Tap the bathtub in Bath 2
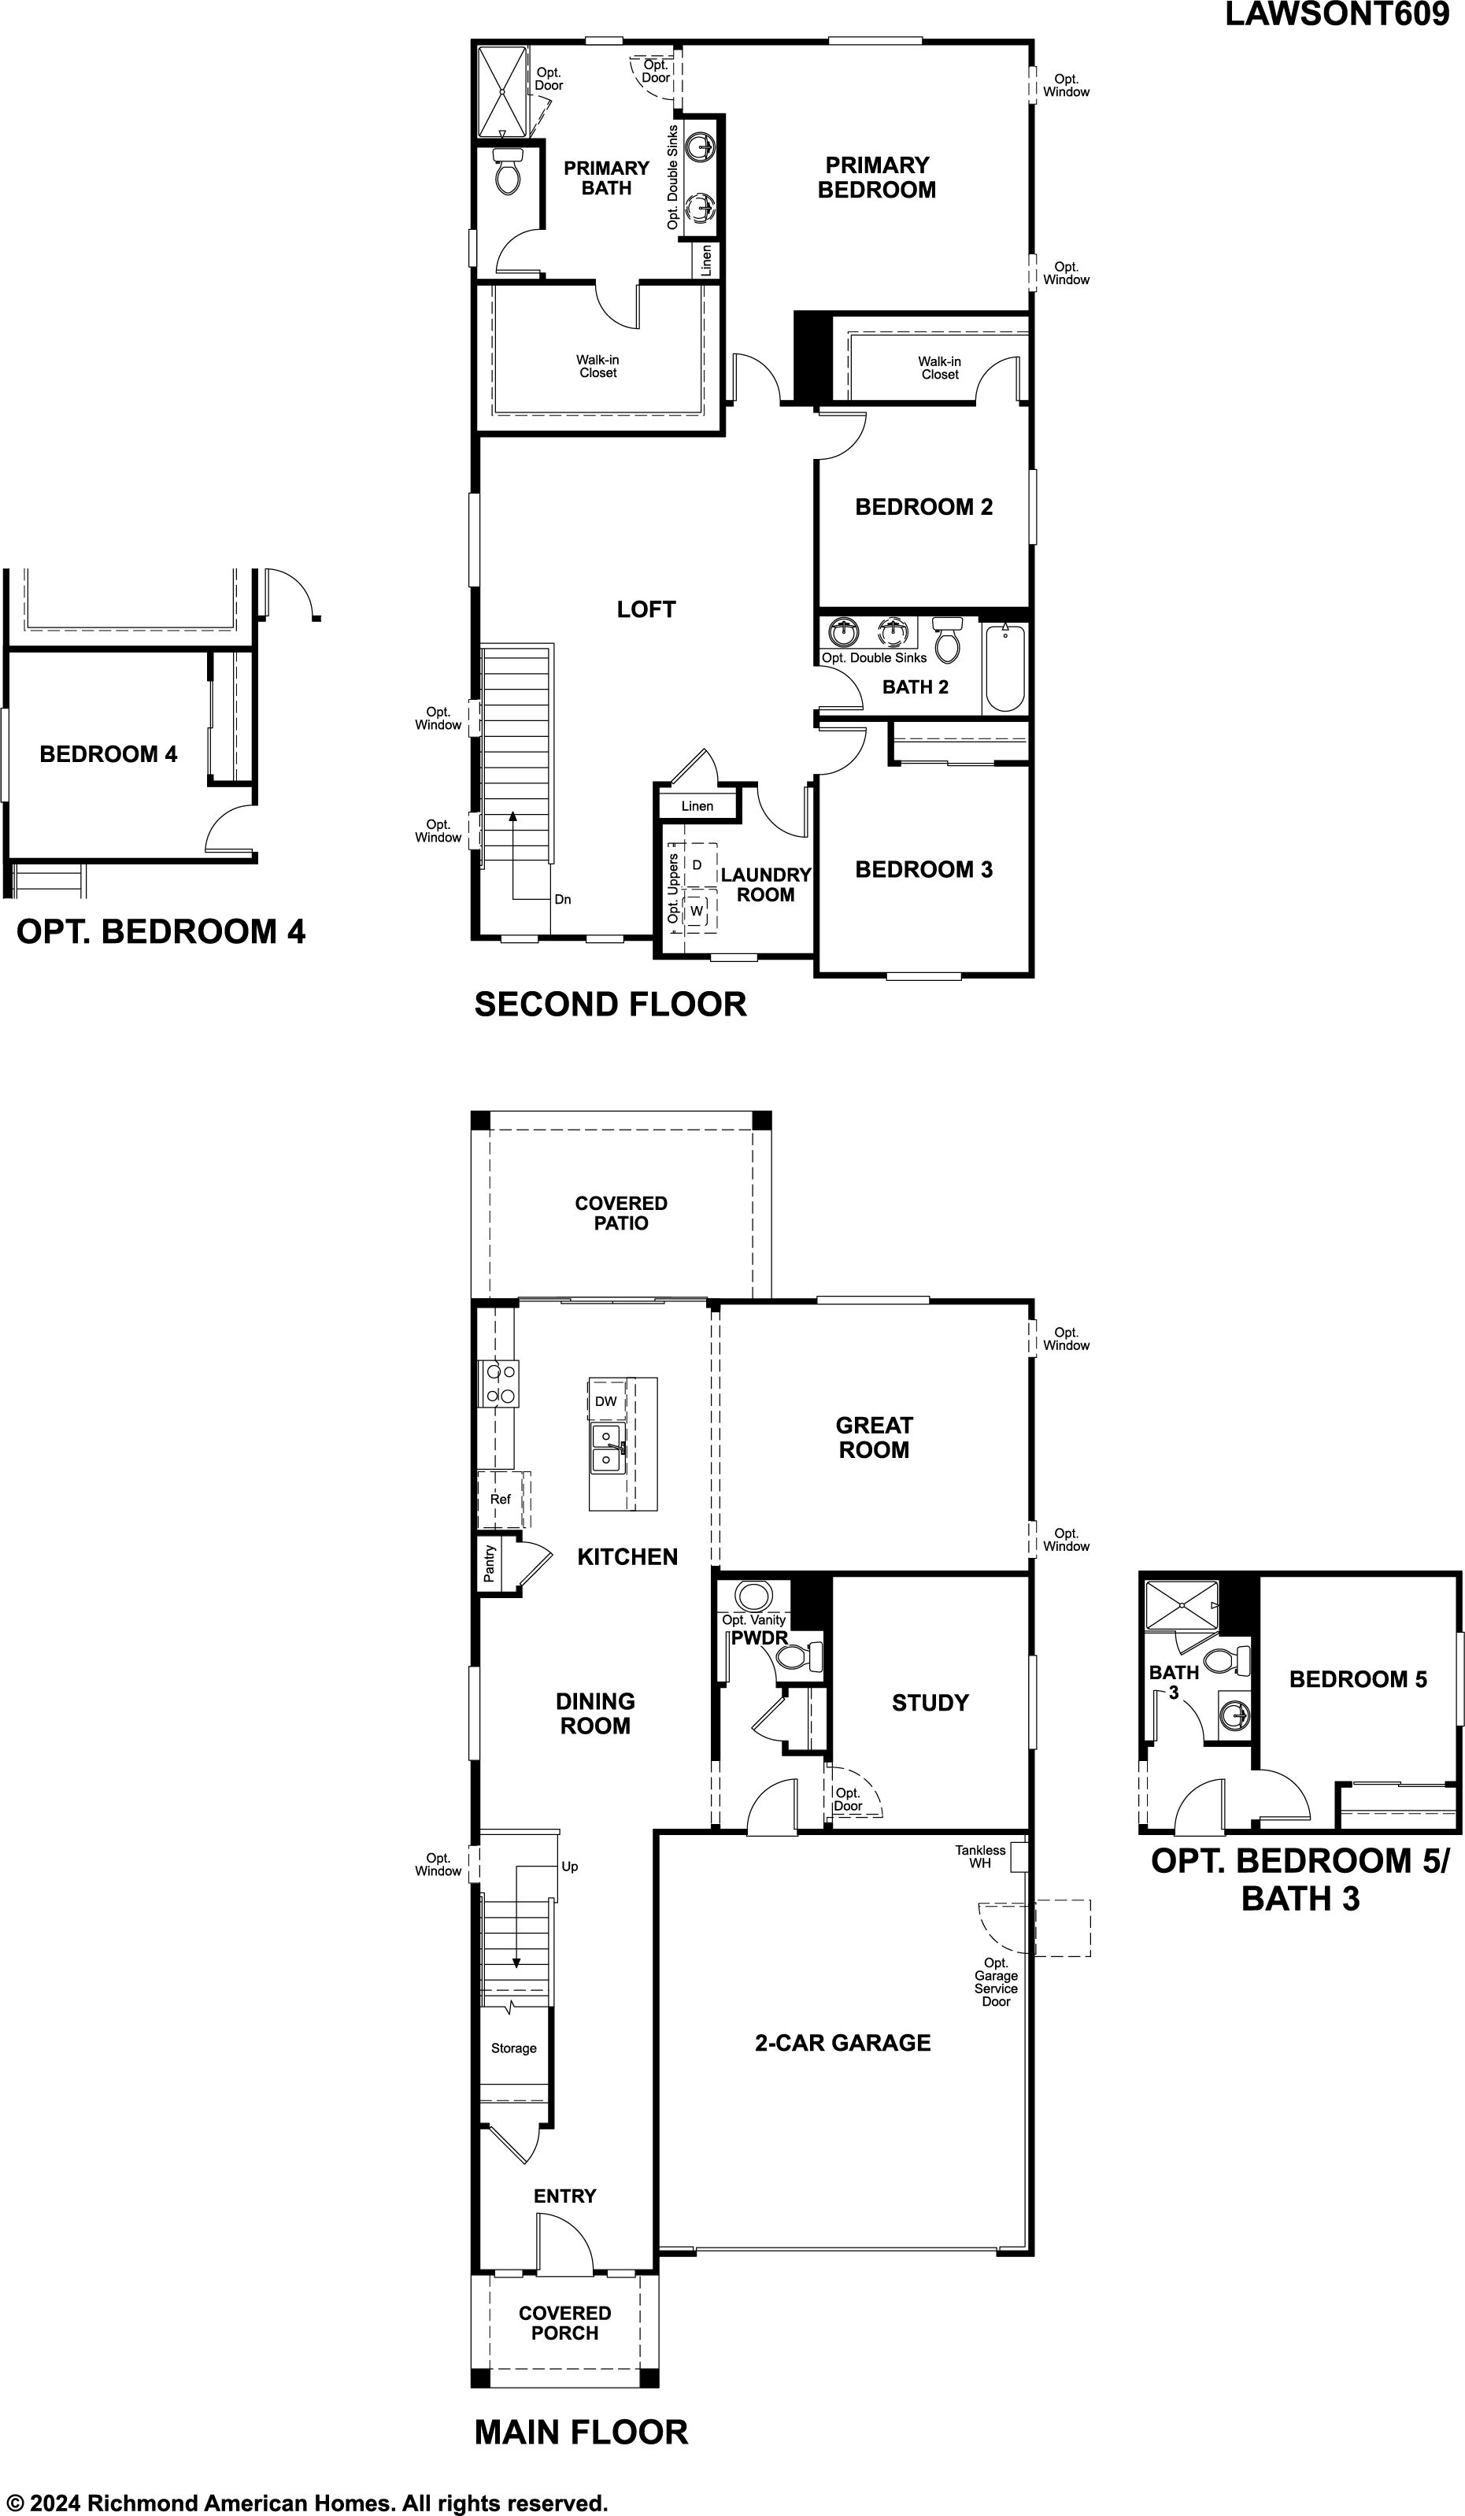click(x=1004, y=667)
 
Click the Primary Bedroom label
click(x=877, y=178)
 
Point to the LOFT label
click(x=646, y=609)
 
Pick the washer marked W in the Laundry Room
click(x=697, y=911)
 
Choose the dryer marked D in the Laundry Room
click(x=697, y=864)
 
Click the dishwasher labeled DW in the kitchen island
click(x=606, y=1400)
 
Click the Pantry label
click(x=490, y=1563)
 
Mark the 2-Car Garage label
click(x=843, y=2043)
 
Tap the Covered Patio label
click(x=621, y=1213)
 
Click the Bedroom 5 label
click(x=1358, y=1679)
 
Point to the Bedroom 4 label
click(x=108, y=754)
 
